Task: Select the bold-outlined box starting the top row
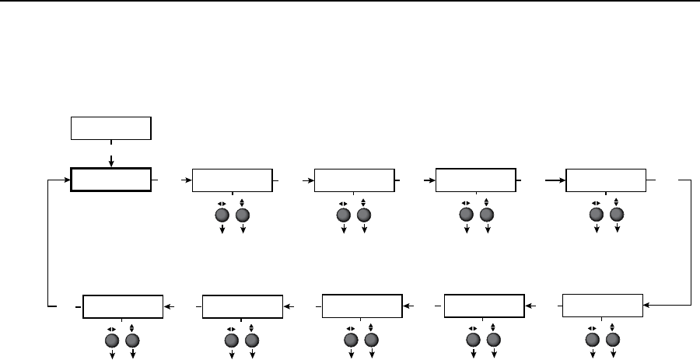click(x=110, y=180)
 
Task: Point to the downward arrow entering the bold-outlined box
click(x=111, y=161)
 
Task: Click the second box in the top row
click(x=232, y=180)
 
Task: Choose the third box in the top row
click(x=353, y=180)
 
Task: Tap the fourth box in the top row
click(x=475, y=180)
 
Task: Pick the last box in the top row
click(x=606, y=180)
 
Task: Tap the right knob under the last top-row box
click(x=617, y=215)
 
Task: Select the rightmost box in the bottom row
click(x=602, y=306)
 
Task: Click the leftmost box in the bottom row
click(x=123, y=307)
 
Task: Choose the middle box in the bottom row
click(x=362, y=307)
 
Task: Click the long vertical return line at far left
click(x=48, y=241)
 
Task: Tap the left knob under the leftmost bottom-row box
click(x=111, y=341)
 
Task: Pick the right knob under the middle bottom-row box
click(x=371, y=341)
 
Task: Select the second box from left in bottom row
click(x=242, y=307)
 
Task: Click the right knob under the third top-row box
click(x=363, y=215)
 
